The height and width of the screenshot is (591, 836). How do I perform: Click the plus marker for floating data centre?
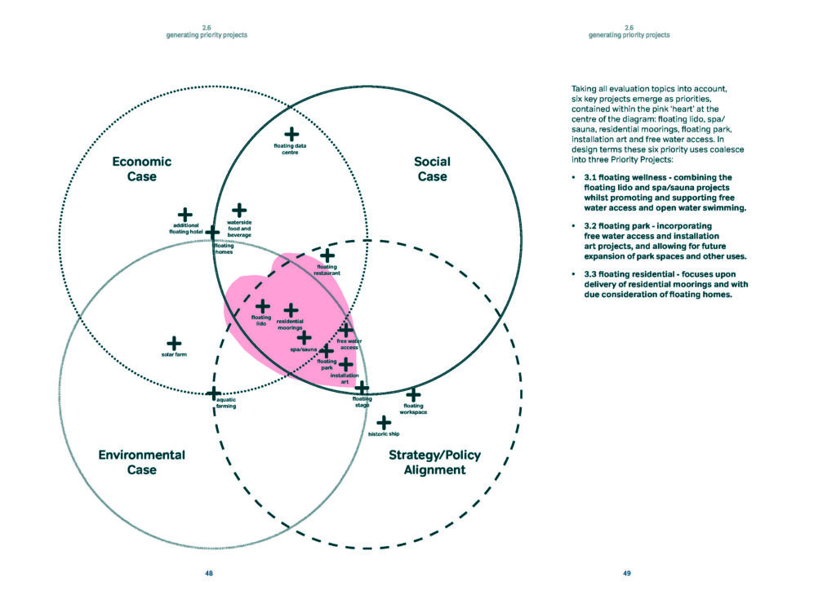click(291, 134)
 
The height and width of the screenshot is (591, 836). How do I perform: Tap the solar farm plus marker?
click(174, 344)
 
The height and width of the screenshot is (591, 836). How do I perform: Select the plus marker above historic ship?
click(384, 422)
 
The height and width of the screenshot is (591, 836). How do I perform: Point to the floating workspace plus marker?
click(413, 395)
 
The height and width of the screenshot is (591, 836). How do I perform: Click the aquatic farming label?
click(226, 402)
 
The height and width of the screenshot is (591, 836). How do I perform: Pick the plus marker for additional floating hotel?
click(185, 215)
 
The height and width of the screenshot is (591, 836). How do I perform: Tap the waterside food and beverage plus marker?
click(239, 211)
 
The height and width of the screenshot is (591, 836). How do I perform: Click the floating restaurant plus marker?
click(327, 256)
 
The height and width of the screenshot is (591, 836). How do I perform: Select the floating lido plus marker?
click(263, 305)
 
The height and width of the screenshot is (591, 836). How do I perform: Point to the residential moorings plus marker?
click(291, 310)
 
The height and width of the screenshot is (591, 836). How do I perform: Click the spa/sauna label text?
click(304, 349)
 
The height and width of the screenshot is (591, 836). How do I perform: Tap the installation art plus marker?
click(346, 364)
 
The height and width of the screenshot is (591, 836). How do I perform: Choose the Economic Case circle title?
click(141, 169)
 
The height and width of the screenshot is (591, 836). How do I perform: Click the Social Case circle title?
click(432, 169)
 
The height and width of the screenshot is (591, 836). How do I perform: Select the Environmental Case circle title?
click(141, 462)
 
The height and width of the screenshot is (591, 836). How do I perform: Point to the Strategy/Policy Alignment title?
click(434, 462)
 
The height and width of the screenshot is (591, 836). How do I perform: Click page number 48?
click(209, 574)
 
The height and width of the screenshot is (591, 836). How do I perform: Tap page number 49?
click(627, 574)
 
